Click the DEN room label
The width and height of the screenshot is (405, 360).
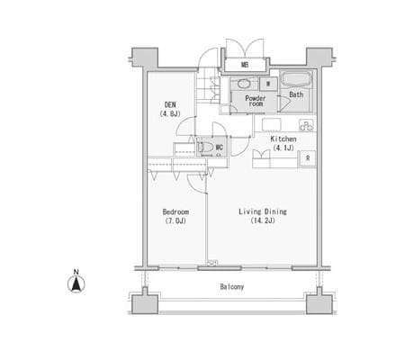pyautogui.click(x=170, y=105)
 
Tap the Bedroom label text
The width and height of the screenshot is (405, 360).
pyautogui.click(x=175, y=211)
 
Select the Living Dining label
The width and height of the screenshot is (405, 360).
pyautogui.click(x=263, y=211)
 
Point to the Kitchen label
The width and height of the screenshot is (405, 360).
pyautogui.click(x=283, y=139)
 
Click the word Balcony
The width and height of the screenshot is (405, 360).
pyautogui.click(x=232, y=287)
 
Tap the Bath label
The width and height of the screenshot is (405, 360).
pyautogui.click(x=296, y=94)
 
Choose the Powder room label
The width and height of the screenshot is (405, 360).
pyautogui.click(x=256, y=101)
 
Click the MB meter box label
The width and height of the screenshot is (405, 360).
pyautogui.click(x=245, y=65)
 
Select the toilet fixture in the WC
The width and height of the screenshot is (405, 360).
pyautogui.click(x=205, y=148)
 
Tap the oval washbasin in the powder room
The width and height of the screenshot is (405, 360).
pyautogui.click(x=244, y=84)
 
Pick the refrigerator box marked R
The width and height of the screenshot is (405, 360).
pyautogui.click(x=308, y=158)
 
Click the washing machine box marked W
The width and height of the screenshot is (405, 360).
pyautogui.click(x=268, y=84)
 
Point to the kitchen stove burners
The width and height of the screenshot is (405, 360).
pyautogui.click(x=307, y=125)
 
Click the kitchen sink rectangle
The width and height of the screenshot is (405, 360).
pyautogui.click(x=272, y=125)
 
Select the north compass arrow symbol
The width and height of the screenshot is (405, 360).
pyautogui.click(x=76, y=284)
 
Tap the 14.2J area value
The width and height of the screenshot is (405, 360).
pyautogui.click(x=263, y=220)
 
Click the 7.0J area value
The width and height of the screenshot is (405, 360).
pyautogui.click(x=175, y=221)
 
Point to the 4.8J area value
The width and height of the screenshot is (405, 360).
pyautogui.click(x=170, y=113)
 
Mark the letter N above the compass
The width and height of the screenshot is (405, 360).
pyautogui.click(x=76, y=272)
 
